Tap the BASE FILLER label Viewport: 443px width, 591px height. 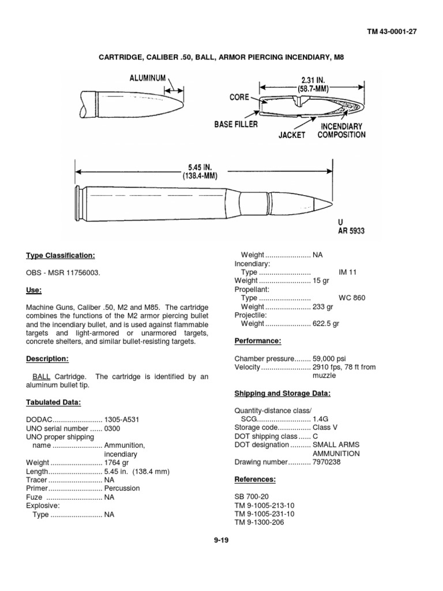236,124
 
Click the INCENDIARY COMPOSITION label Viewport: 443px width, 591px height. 341,130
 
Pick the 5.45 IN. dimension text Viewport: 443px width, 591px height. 202,168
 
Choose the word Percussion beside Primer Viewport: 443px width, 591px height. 122,488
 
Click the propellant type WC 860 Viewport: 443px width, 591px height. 351,298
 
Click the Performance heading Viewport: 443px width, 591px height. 257,341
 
